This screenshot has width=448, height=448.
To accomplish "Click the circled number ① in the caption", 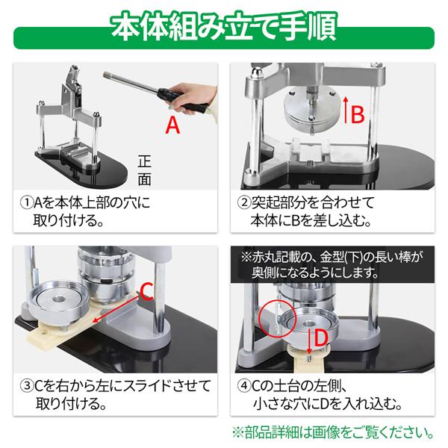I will pos(26,202).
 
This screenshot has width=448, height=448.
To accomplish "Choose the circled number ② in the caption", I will pos(245,202).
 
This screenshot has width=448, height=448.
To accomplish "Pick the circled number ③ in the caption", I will pos(26,388).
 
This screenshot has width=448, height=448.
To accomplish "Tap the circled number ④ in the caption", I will pos(245,388).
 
